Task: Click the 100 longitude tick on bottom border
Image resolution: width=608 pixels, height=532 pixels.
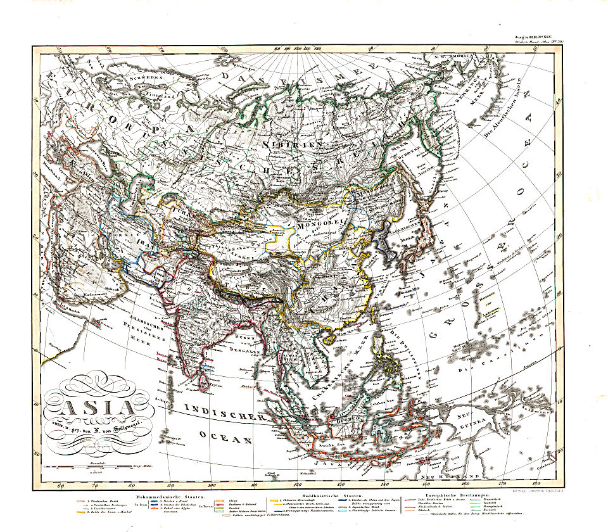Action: pos(254,486)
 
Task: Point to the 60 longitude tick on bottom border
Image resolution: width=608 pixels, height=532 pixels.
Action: pos(61,486)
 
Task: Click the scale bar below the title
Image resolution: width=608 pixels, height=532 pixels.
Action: pos(95,469)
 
